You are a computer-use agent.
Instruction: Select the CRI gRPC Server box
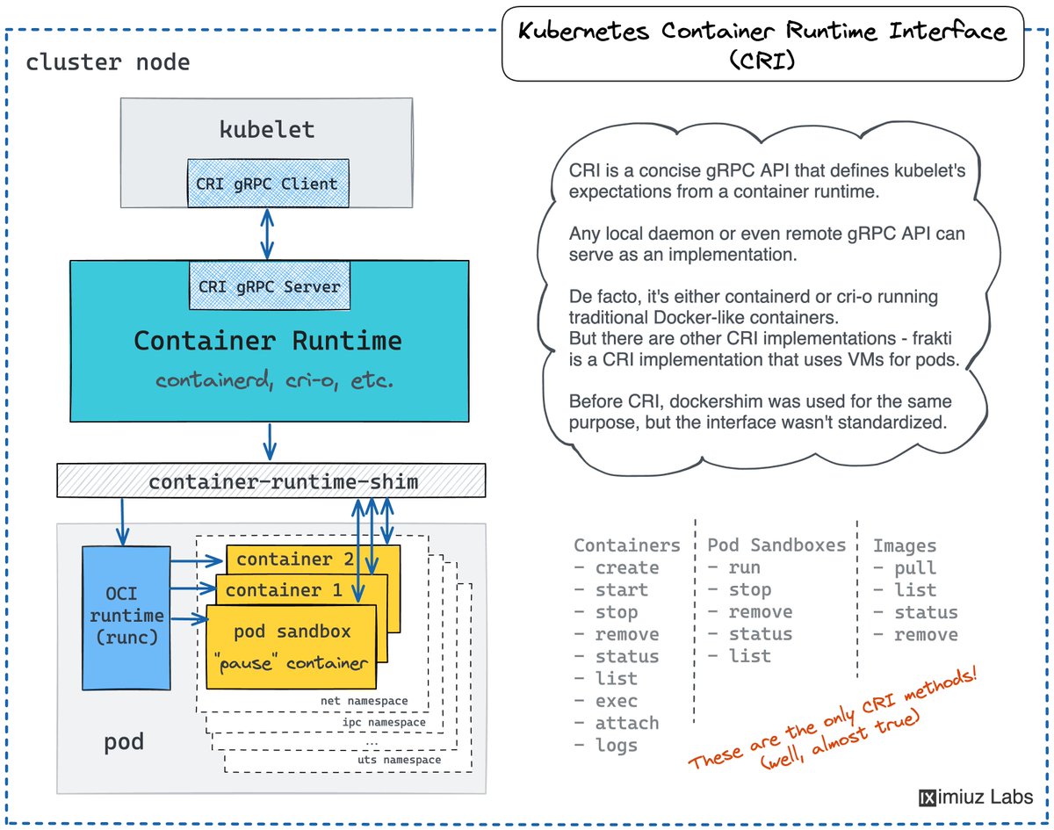[x=270, y=286]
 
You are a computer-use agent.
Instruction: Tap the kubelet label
[x=267, y=130]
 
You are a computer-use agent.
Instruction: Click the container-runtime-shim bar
[x=282, y=482]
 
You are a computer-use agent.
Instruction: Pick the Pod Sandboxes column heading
[x=776, y=545]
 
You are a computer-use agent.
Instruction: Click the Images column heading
[x=905, y=545]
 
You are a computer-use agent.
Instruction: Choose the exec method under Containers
[x=616, y=701]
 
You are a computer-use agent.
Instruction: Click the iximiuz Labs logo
[x=976, y=798]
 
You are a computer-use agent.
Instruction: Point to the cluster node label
[x=107, y=63]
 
